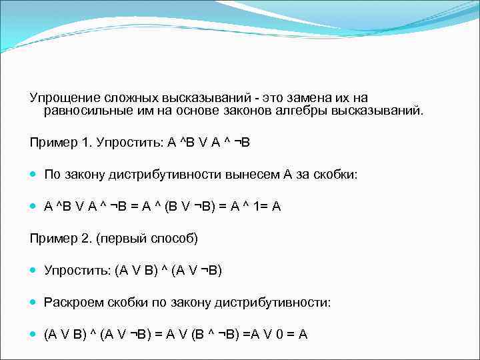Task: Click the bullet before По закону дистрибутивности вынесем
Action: coord(33,175)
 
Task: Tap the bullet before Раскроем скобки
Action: coord(33,302)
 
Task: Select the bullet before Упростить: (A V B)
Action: coord(33,270)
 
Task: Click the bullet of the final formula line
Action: coord(33,334)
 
